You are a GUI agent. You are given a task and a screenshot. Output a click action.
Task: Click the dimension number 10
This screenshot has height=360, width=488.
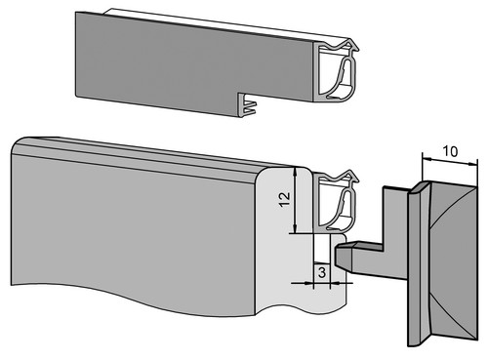(x=450, y=151)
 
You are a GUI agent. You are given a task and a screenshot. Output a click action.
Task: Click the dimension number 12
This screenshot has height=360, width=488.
(x=284, y=199)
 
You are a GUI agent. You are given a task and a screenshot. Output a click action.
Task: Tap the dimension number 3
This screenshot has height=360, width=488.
(x=322, y=272)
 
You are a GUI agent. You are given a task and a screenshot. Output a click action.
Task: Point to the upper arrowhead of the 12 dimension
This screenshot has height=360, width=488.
(x=295, y=172)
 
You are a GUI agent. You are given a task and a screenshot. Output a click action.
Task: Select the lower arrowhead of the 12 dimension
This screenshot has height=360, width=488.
(x=295, y=228)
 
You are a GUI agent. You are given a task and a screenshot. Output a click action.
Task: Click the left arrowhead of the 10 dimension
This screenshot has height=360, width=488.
(x=427, y=159)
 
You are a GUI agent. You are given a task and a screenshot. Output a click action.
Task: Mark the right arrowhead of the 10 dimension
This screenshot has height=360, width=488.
(x=472, y=164)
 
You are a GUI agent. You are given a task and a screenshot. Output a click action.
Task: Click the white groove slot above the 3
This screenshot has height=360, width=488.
(x=322, y=248)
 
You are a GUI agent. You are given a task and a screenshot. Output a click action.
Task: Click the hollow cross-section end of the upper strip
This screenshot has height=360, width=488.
(x=335, y=71)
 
